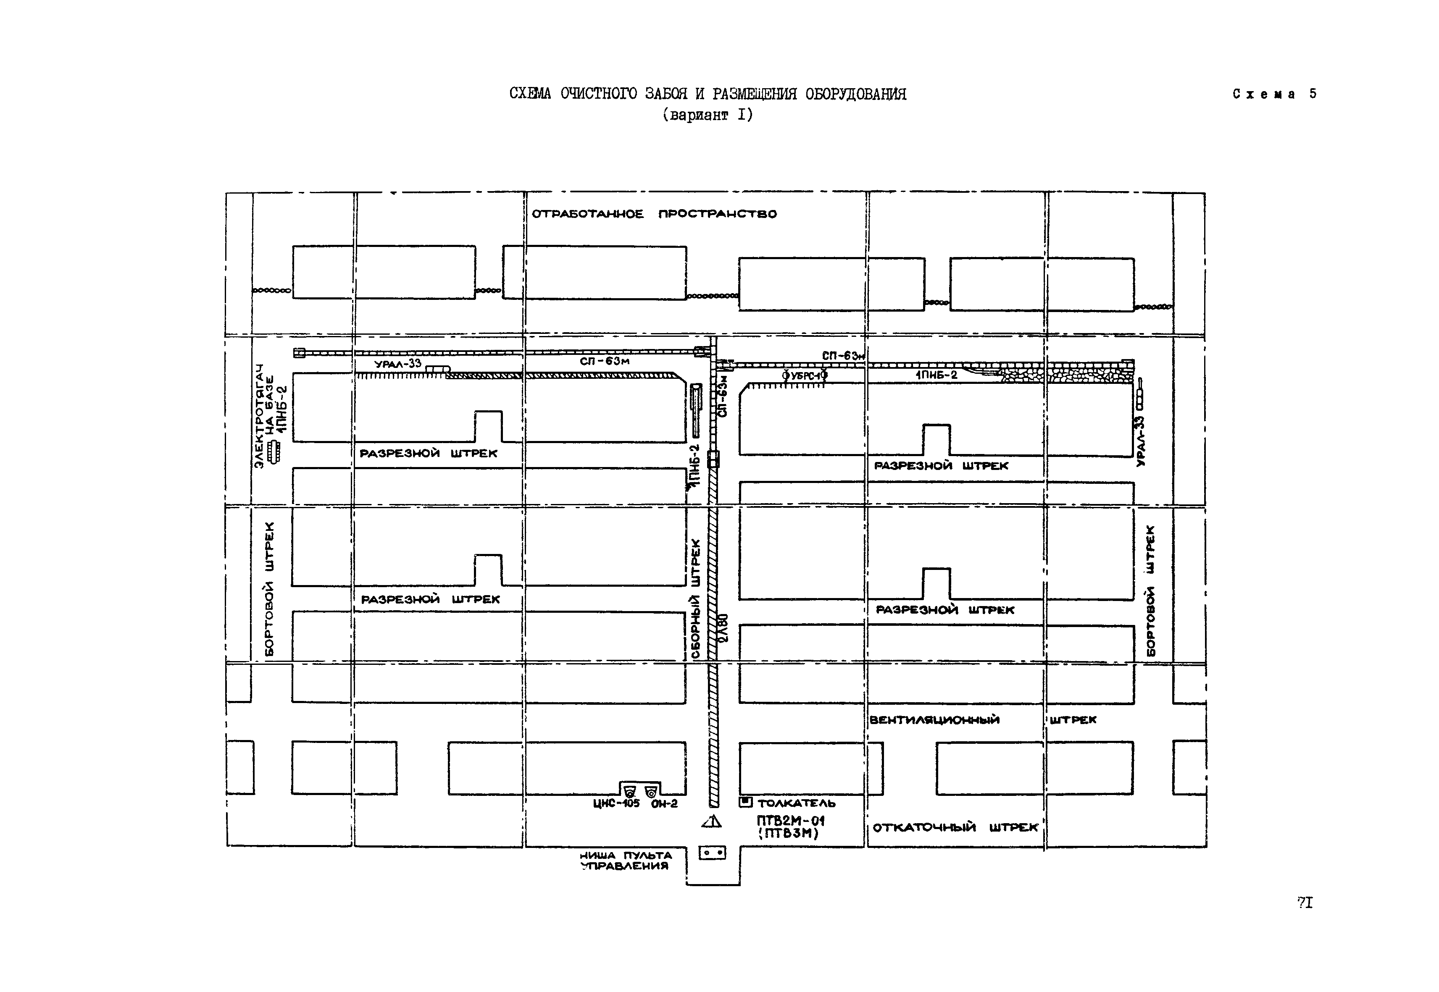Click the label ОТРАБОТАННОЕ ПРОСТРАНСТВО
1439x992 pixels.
click(x=654, y=214)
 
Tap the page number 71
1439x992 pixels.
click(x=1305, y=903)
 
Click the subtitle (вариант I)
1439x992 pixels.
click(x=708, y=115)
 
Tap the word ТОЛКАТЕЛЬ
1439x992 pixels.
click(x=797, y=803)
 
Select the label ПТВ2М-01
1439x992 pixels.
click(x=790, y=821)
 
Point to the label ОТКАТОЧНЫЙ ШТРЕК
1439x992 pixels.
click(x=955, y=827)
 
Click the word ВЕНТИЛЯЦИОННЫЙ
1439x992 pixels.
click(x=934, y=720)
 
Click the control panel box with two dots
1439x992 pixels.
click(x=712, y=853)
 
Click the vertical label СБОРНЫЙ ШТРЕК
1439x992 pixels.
click(x=695, y=598)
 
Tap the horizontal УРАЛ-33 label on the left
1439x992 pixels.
click(x=397, y=364)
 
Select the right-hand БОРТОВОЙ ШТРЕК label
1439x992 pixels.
click(x=1150, y=590)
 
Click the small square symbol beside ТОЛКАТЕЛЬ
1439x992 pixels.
click(x=745, y=802)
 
